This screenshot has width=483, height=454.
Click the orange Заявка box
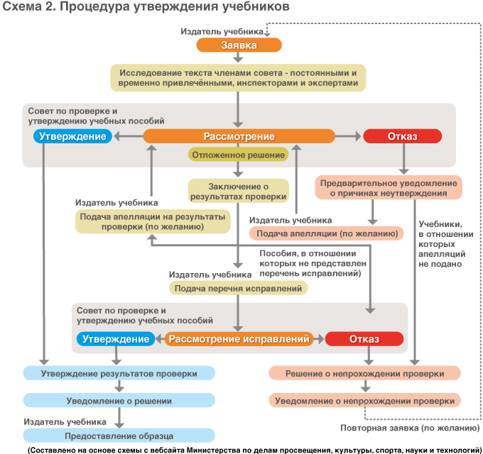point(239,45)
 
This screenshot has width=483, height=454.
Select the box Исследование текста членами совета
point(238,78)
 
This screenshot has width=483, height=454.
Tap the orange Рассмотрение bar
point(239,136)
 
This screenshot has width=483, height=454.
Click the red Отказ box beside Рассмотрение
point(402,136)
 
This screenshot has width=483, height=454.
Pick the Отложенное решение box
point(237,155)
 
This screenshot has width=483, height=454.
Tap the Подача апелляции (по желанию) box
point(326,233)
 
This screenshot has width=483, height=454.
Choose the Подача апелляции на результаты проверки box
point(153,221)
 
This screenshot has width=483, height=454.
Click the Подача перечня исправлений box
point(238,288)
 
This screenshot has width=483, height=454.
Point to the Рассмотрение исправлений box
point(240,339)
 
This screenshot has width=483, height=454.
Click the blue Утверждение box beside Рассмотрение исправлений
point(116,339)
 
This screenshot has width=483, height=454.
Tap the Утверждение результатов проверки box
point(119,373)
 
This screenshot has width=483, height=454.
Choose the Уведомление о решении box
point(119,401)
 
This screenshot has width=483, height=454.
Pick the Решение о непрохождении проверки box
point(365,373)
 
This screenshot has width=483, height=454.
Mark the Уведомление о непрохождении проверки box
point(365,401)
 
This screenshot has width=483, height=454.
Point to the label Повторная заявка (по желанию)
point(410,428)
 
